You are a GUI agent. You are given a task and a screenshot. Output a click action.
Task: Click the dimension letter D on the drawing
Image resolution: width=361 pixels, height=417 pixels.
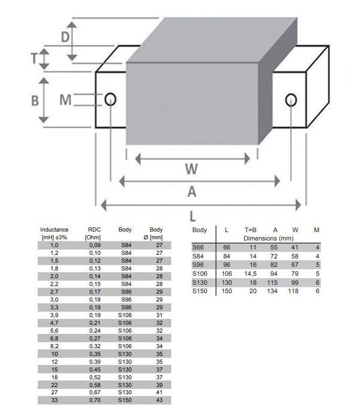coord(65,36)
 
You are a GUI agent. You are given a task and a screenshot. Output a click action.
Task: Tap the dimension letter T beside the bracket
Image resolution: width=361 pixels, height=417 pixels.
coord(35,59)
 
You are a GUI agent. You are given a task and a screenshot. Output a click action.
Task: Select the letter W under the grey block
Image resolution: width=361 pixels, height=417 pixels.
coord(190,169)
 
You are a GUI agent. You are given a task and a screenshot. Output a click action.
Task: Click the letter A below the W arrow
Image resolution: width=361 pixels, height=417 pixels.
coord(192,192)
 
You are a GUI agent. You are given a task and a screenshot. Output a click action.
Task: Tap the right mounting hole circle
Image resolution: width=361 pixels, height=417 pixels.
coord(290,99)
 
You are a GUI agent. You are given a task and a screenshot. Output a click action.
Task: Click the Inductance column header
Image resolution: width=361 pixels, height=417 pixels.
coord(54,230)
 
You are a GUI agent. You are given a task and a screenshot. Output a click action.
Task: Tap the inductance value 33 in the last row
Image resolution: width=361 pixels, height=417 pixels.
coord(54,400)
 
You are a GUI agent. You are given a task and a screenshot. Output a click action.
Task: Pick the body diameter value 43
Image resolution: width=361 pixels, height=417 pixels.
coord(159,400)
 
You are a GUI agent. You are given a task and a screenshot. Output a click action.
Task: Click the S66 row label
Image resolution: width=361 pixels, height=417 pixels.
coord(198,247)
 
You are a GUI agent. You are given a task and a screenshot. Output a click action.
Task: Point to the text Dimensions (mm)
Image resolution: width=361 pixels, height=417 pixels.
coord(262,238)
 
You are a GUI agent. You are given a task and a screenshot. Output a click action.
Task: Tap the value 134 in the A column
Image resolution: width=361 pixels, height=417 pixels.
coord(273,291)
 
